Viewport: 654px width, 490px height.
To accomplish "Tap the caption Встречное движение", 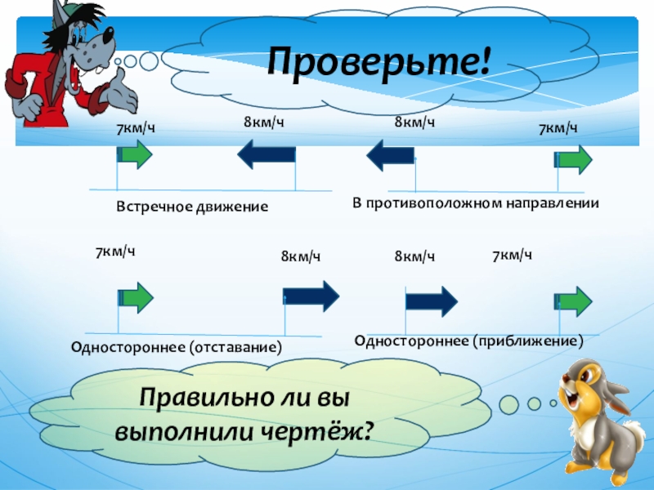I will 192,207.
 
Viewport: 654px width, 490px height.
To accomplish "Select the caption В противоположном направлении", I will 476,202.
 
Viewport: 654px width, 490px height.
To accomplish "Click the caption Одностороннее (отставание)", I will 177,348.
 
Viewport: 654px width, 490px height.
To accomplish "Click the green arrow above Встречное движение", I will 135,154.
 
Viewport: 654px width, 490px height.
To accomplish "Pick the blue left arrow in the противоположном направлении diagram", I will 390,154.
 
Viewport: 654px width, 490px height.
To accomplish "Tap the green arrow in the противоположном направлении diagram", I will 574,159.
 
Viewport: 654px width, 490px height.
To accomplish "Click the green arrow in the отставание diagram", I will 136,297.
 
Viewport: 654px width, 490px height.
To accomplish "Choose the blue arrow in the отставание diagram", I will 311,296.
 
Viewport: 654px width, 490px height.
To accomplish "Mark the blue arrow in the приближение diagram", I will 432,300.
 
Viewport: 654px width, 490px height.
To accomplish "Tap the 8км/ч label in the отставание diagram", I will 301,257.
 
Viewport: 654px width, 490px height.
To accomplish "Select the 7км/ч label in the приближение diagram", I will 513,256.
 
